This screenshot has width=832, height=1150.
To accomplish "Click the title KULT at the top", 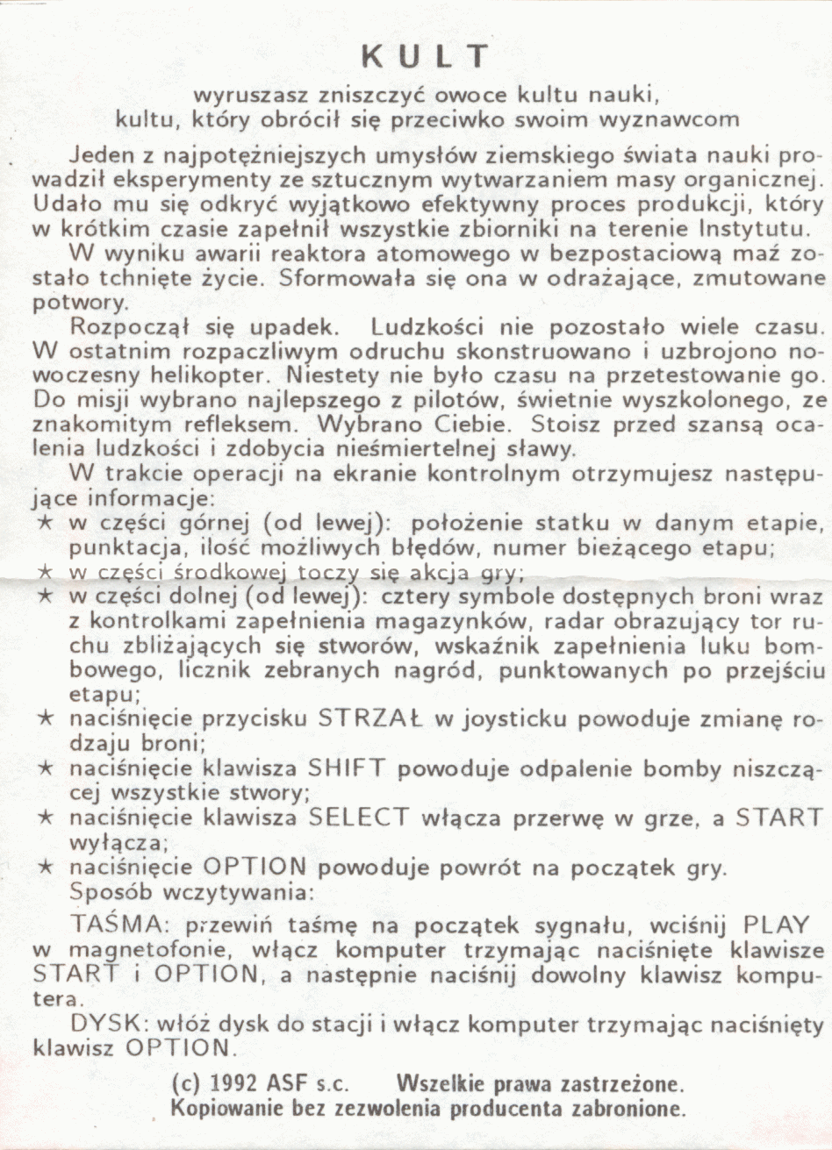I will coord(425,56).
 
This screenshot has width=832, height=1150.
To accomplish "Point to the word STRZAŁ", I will coord(369,719).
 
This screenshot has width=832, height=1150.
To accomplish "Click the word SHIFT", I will coord(346,768).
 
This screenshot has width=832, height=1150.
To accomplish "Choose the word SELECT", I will coord(358,818).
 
